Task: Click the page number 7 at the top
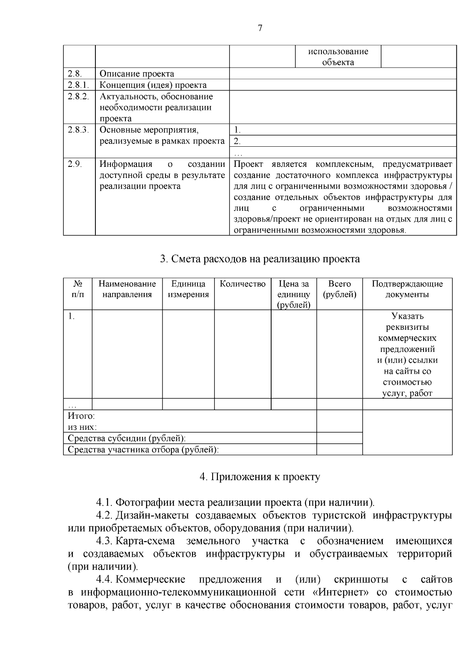tap(260, 28)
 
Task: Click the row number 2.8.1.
tap(78, 85)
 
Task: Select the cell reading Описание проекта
tap(137, 74)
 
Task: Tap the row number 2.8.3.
tap(78, 130)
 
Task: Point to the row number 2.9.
tap(75, 164)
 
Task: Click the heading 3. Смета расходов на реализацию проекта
tap(260, 259)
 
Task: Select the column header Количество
tap(242, 284)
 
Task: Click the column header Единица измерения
tap(188, 289)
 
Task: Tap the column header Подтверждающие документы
tap(407, 289)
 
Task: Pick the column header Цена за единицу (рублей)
tap(293, 294)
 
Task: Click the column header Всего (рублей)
tap(339, 289)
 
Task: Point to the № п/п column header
tap(78, 289)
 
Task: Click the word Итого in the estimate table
tap(81, 416)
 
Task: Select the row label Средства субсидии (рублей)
tap(127, 438)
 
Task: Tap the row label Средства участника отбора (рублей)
tap(143, 450)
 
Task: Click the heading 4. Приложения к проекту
tap(260, 477)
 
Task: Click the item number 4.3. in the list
tap(105, 541)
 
